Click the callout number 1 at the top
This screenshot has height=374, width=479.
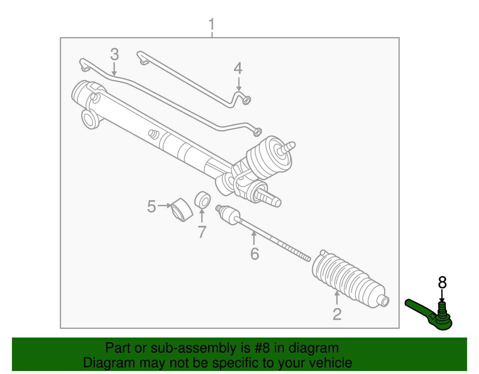tap(211, 25)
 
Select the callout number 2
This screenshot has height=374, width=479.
tap(337, 314)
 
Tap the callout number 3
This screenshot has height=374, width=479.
tap(114, 54)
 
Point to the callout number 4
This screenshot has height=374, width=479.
tap(238, 68)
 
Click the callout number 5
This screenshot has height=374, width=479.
tap(151, 207)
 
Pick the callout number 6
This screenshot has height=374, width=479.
tap(254, 254)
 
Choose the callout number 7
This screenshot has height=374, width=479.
tap(202, 232)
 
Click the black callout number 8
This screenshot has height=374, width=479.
tap(442, 283)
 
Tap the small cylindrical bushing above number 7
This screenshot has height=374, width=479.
tap(202, 200)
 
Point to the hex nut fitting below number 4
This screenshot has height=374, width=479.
tap(246, 100)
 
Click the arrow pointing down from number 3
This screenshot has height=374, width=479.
tap(114, 69)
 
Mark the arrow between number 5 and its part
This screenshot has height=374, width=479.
tap(164, 206)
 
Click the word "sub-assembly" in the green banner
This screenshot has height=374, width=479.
tap(193, 348)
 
